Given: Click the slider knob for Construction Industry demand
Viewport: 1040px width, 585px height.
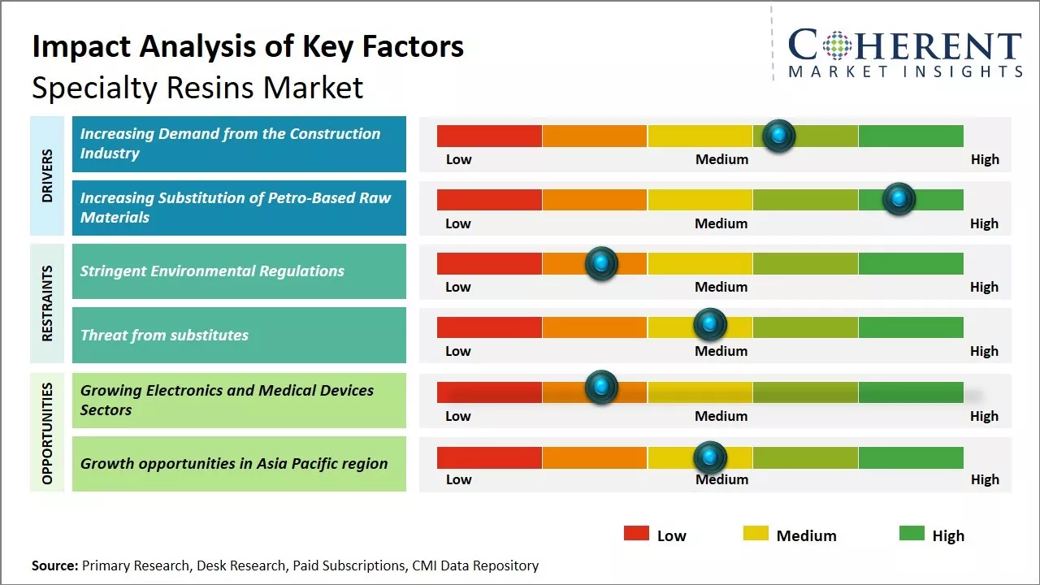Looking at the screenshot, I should click(x=779, y=136).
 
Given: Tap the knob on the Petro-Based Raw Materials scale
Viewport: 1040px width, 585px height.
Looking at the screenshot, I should click(x=899, y=199).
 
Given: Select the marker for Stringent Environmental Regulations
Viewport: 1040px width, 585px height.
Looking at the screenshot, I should click(x=601, y=263).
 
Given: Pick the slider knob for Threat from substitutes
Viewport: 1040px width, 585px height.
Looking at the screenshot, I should click(x=710, y=325).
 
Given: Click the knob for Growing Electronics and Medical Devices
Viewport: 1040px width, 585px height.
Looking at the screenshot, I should click(x=601, y=387).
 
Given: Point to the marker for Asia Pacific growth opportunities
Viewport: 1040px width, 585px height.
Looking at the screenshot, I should click(x=710, y=457).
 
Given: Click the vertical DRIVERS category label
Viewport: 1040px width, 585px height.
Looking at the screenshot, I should click(x=47, y=175).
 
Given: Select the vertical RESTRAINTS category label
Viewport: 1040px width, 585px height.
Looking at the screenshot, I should click(x=47, y=303).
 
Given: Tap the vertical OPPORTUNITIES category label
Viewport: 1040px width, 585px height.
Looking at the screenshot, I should click(x=47, y=433).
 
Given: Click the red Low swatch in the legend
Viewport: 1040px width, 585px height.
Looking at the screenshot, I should click(x=636, y=534).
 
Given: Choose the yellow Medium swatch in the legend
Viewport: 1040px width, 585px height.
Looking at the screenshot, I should click(x=756, y=534).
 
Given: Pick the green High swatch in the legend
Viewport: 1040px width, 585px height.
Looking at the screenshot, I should click(x=912, y=534).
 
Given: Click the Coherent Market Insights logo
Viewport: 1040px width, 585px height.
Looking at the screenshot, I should click(x=904, y=53).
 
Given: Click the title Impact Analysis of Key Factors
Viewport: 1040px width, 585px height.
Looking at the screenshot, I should click(x=248, y=46).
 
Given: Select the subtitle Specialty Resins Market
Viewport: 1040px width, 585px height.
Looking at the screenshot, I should click(x=197, y=87).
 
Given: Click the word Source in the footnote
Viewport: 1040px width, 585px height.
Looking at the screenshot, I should click(x=54, y=565).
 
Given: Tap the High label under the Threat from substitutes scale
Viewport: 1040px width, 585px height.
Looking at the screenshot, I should click(x=984, y=351).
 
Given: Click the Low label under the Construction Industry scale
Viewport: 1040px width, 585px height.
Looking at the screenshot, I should click(x=458, y=159).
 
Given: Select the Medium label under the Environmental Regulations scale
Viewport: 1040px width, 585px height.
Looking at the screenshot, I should click(x=721, y=287).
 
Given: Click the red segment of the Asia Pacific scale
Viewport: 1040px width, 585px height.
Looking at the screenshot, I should click(x=489, y=457).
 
